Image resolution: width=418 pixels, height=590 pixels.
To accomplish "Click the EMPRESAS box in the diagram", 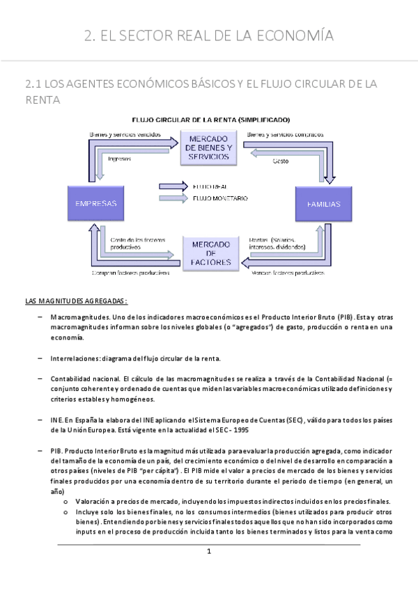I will click(x=95, y=204).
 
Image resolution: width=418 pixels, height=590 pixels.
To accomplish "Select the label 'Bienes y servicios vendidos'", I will click(x=125, y=134).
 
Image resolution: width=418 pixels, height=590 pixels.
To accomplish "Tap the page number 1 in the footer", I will click(x=208, y=552).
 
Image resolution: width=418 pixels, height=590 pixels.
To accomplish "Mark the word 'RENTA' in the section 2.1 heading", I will click(x=42, y=101).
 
